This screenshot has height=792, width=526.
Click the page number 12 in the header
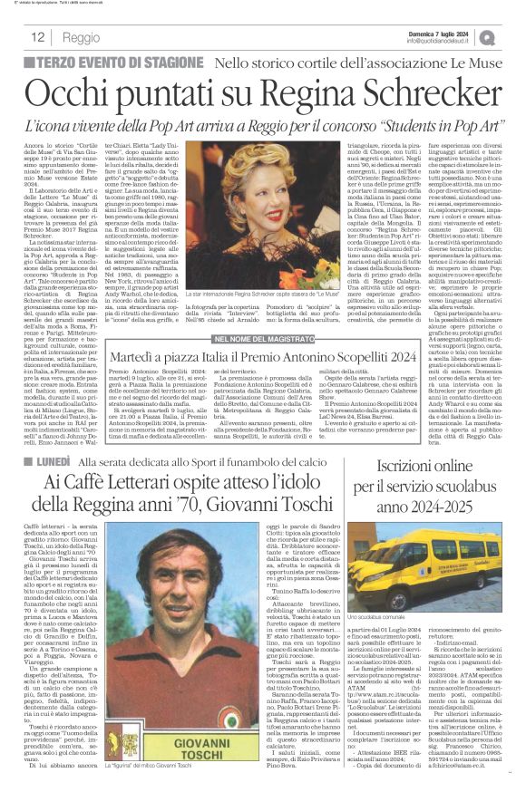(38, 37)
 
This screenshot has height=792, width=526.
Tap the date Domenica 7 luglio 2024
(456, 32)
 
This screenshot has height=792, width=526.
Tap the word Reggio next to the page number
(82, 38)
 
